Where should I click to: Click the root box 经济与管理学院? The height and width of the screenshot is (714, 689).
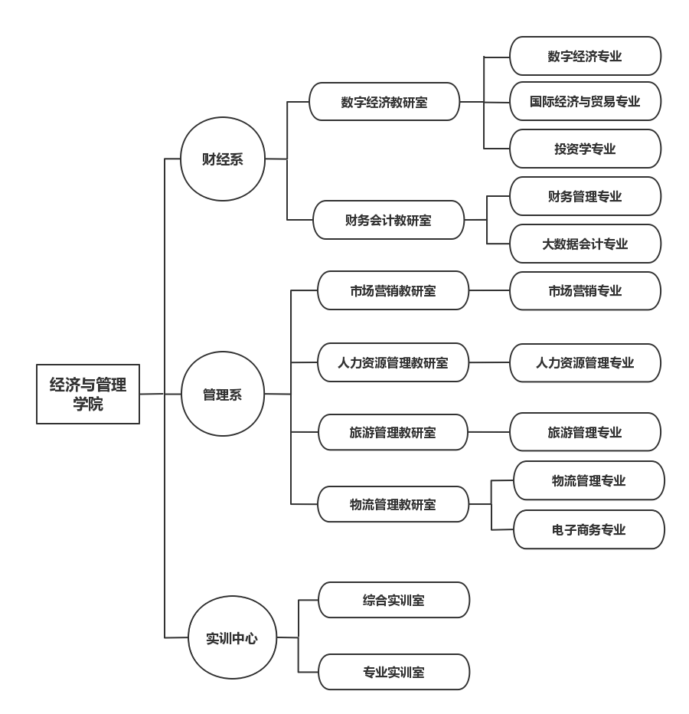[88, 394]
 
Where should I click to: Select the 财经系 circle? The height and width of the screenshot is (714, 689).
[223, 159]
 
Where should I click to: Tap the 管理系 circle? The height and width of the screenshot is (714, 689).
[223, 395]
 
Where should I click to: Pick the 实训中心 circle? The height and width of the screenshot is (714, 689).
[231, 637]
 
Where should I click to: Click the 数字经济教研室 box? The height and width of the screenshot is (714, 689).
[384, 102]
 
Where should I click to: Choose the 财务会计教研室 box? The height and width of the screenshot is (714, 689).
[388, 220]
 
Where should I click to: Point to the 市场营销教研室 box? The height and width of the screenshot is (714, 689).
[393, 290]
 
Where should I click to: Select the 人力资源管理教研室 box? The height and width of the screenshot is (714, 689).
[393, 362]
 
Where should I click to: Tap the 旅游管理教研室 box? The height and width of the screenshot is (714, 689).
[393, 432]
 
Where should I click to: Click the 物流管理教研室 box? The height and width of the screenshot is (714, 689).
[393, 504]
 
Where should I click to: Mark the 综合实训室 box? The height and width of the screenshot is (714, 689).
[393, 600]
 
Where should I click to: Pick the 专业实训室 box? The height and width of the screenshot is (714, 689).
[393, 672]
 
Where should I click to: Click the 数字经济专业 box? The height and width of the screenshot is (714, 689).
[585, 56]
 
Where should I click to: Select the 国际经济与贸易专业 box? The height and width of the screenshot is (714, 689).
[585, 101]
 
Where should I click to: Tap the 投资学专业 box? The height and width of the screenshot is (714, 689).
[585, 149]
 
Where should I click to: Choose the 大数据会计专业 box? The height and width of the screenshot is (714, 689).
[585, 244]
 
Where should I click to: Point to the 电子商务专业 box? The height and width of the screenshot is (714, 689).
[589, 529]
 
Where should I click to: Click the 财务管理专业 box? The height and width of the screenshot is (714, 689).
[585, 196]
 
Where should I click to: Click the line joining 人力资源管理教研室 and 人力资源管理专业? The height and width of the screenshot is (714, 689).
[489, 362]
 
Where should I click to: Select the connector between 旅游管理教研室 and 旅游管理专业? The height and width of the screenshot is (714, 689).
[489, 432]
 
